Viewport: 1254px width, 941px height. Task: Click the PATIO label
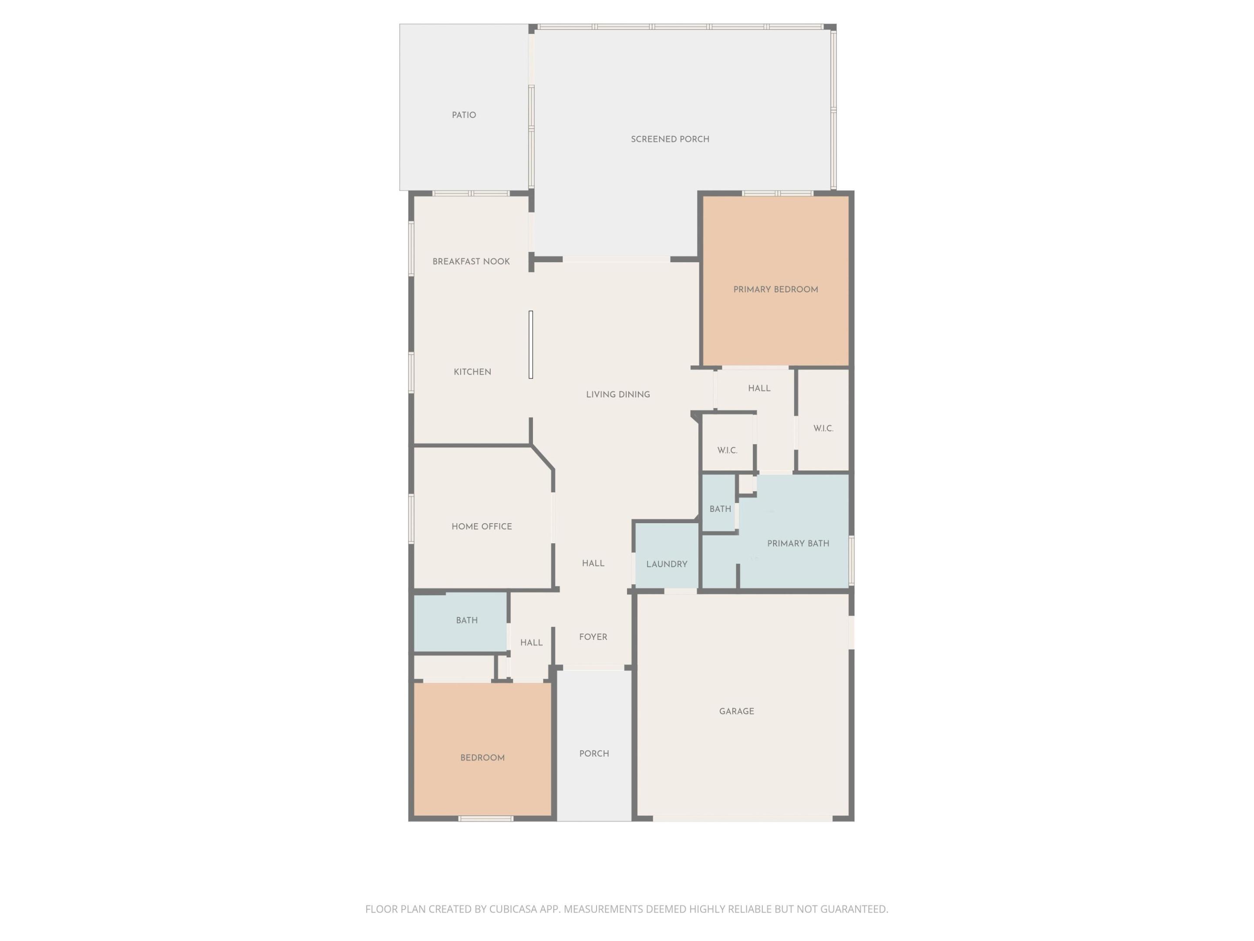click(x=464, y=115)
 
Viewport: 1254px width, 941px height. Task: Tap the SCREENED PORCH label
click(x=670, y=139)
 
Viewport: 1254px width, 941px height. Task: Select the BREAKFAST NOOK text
click(x=471, y=261)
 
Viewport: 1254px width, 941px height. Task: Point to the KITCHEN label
click(x=472, y=372)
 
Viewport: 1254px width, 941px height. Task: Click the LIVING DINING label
click(x=618, y=395)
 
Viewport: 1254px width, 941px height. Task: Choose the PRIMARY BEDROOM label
click(x=775, y=290)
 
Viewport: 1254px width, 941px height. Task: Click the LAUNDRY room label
click(x=667, y=564)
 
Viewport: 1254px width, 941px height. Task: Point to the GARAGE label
click(x=736, y=711)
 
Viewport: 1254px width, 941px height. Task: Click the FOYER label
click(x=593, y=637)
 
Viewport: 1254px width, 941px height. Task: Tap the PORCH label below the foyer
click(x=594, y=754)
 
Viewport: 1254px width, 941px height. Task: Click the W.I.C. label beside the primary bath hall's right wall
click(x=823, y=429)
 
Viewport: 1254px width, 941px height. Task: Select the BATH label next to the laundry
click(x=720, y=509)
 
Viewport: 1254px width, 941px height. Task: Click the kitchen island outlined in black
click(x=531, y=344)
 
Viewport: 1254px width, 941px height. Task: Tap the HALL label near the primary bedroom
click(x=759, y=389)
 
